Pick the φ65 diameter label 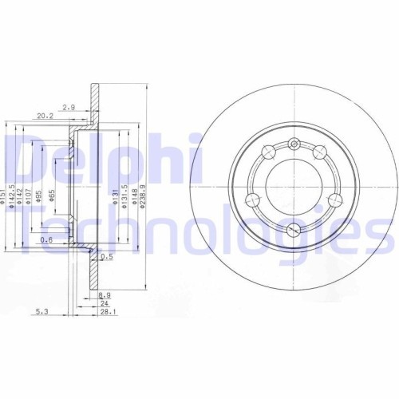[52, 193]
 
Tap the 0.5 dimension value [108, 256]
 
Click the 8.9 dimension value [104, 294]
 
